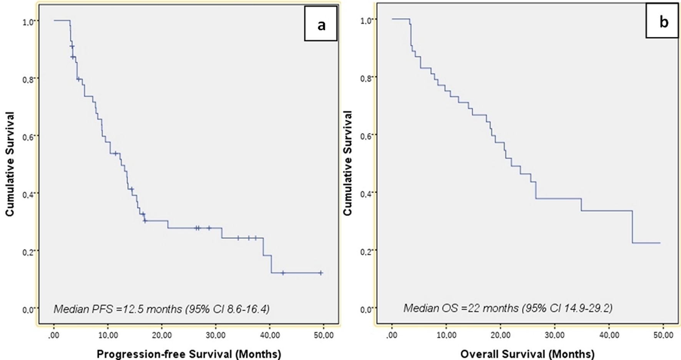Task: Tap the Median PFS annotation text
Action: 161,309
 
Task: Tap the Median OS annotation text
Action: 508,308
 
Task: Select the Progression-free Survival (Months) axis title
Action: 189,354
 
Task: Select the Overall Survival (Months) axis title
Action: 527,354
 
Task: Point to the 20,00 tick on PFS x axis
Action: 162,335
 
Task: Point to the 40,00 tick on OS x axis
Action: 610,335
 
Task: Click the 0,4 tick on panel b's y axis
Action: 367,193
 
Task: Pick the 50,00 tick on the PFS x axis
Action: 324,335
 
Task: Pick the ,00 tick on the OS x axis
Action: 392,335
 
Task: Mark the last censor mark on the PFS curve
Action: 321,273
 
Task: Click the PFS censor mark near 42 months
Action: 283,273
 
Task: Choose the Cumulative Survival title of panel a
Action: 10,164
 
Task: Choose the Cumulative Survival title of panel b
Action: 348,163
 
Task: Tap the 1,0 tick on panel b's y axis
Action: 367,20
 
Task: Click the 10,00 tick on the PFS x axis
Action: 108,335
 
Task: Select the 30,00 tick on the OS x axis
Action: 555,335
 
